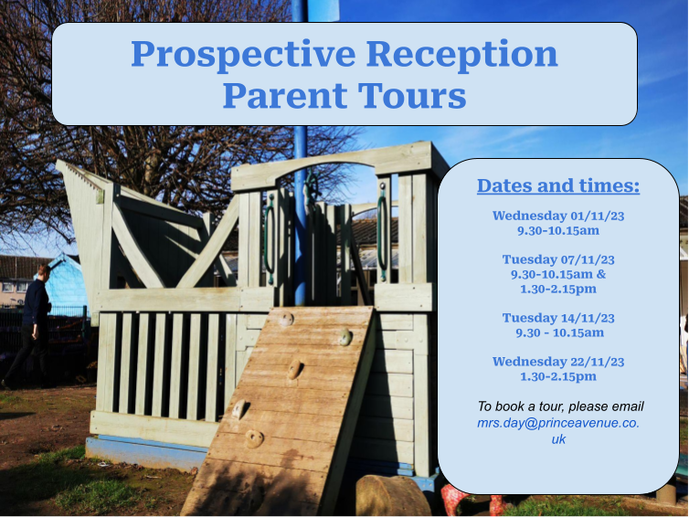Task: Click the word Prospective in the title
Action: tap(243, 56)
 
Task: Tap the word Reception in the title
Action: tap(461, 56)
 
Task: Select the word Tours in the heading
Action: tap(412, 95)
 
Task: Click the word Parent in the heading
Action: tap(285, 95)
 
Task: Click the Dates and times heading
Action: tap(558, 185)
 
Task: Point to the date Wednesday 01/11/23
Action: tap(558, 216)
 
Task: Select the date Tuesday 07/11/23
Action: tap(558, 259)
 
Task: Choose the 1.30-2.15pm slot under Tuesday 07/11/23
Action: tap(558, 289)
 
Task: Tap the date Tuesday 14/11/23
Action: tap(558, 318)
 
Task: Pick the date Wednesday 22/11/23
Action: tap(558, 362)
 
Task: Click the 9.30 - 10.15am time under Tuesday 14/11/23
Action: tap(559, 332)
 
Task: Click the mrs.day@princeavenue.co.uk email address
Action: tap(558, 431)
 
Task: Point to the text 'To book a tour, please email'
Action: tap(560, 406)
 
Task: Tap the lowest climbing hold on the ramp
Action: tap(254, 438)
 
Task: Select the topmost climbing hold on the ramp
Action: tap(286, 319)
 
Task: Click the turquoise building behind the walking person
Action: tap(66, 282)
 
